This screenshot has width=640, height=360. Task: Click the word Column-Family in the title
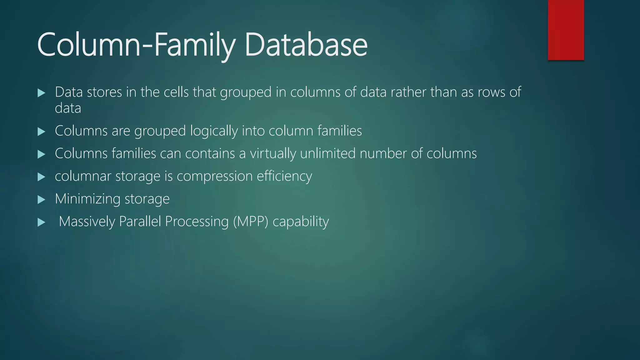pyautogui.click(x=136, y=45)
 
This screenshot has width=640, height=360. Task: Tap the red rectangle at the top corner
pyautogui.click(x=566, y=30)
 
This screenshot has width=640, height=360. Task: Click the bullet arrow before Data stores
pyautogui.click(x=41, y=93)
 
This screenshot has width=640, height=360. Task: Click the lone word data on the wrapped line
pyautogui.click(x=68, y=108)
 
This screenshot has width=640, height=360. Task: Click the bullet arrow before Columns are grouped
pyautogui.click(x=41, y=132)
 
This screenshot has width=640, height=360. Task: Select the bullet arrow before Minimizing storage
pyautogui.click(x=41, y=200)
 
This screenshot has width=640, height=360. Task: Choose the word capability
pyautogui.click(x=301, y=222)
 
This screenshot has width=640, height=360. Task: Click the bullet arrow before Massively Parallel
pyautogui.click(x=41, y=222)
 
